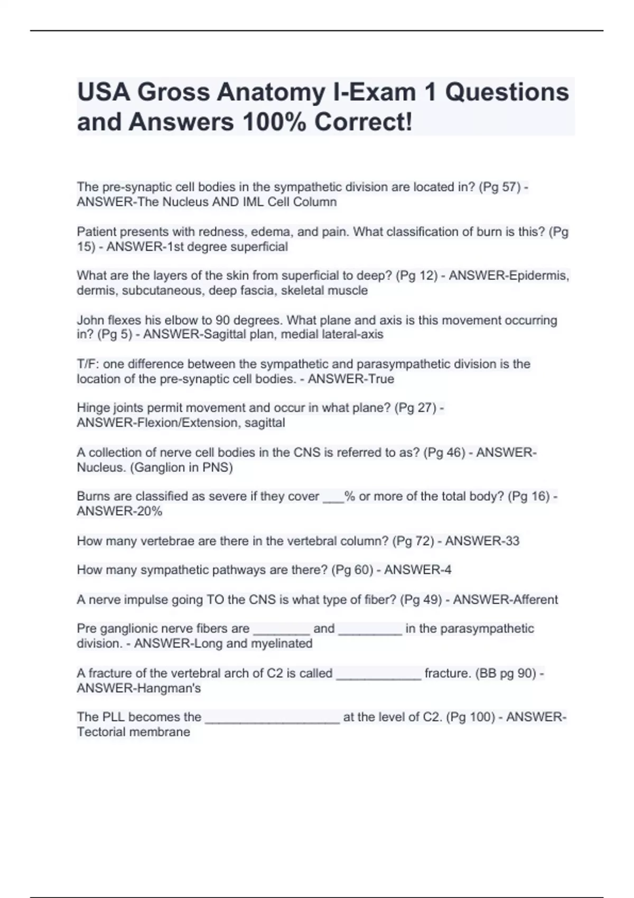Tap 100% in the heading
[274, 123]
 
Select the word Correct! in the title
[363, 123]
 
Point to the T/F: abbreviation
[88, 364]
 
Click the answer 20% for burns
[150, 511]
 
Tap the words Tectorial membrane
[133, 732]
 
